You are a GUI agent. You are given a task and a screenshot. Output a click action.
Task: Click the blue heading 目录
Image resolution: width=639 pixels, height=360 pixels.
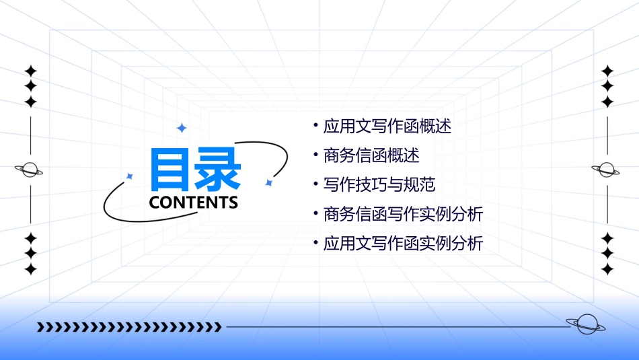pos(196,170)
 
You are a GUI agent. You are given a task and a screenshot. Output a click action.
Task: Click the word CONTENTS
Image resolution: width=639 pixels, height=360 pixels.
pos(194,203)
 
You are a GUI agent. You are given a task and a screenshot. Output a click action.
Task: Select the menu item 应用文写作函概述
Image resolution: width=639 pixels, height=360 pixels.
pos(387,126)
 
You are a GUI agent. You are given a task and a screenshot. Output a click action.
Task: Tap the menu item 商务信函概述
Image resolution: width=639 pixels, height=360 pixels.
pos(371,155)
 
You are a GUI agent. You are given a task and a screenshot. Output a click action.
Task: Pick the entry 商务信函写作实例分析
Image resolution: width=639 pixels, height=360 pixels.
pos(403,214)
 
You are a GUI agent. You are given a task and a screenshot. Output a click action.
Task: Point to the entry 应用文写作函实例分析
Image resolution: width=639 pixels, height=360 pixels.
pos(403,244)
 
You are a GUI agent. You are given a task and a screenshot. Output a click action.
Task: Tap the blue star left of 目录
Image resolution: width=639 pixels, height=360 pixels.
pos(130,176)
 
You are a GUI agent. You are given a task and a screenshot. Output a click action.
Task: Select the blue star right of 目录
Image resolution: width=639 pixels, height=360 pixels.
pos(268,182)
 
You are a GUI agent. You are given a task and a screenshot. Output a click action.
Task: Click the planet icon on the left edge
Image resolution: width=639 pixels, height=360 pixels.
pos(30,170)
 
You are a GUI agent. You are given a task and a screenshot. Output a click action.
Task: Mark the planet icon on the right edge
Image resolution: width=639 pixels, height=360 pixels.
pos(606,170)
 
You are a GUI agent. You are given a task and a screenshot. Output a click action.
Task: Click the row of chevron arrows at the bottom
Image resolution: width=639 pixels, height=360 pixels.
pos(129,328)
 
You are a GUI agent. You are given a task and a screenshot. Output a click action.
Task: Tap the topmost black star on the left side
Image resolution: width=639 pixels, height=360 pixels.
pos(30,71)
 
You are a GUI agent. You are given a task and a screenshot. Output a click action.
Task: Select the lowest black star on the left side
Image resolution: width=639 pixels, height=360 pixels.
pos(30,269)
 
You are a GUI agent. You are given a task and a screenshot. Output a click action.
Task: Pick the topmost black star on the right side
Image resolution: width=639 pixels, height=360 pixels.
pos(607,71)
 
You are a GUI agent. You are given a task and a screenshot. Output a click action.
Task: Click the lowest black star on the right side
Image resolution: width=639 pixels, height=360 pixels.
pos(607,269)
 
